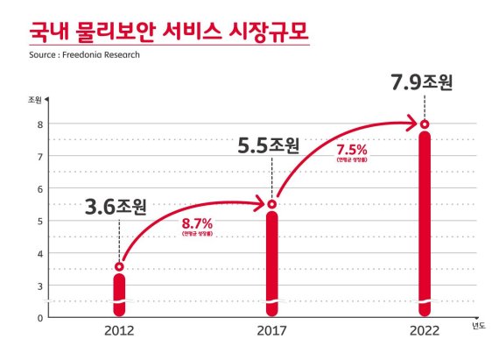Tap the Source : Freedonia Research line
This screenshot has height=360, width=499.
coord(85,54)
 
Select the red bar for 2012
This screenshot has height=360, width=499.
coord(119,293)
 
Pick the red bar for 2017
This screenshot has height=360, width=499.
coord(271,263)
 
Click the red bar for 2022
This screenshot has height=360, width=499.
coord(425,223)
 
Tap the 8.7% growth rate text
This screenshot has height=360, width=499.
coord(197,223)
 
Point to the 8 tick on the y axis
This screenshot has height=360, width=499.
coord(39,124)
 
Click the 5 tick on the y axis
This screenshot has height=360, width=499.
coord(39,221)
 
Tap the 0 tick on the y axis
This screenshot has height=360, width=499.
coord(39,317)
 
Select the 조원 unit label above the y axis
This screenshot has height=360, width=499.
coord(35,100)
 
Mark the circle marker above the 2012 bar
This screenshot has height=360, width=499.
coord(119,266)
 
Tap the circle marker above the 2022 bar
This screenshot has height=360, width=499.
coord(425,124)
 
